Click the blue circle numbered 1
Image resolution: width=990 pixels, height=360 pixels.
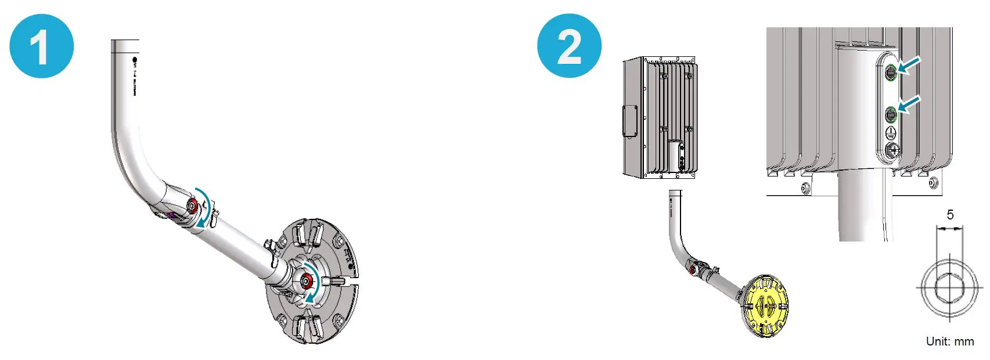41,46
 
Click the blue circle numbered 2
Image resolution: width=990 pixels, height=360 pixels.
569,46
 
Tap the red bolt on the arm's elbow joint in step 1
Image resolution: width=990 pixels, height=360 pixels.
192,205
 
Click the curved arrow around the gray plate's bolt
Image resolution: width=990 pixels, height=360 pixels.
314,282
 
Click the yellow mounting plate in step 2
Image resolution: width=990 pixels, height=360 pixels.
766,306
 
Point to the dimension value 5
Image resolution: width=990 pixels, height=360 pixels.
950,215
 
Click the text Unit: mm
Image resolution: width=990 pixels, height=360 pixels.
950,341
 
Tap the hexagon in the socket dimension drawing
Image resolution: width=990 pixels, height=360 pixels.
949,287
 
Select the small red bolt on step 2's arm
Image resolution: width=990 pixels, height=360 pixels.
692,269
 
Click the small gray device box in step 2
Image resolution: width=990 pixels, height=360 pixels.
660,118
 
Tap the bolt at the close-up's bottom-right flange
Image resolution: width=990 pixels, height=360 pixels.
933,183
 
